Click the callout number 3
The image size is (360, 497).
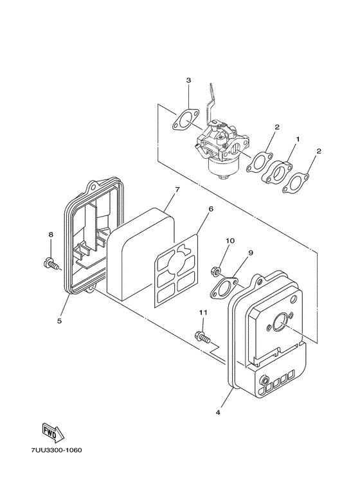coord(188,80)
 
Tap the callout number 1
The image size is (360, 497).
coord(298,139)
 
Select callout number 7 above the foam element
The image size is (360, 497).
coord(177,190)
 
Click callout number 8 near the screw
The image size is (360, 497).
coord(51,235)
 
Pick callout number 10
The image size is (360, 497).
coord(230,241)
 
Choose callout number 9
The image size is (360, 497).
coord(251,253)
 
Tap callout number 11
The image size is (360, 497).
coord(203,312)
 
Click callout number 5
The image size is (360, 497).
coord(59,321)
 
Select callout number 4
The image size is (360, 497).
coord(218,412)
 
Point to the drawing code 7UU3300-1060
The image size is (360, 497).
coord(56,450)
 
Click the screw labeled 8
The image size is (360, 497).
coord(51,264)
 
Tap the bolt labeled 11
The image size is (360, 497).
coord(203,336)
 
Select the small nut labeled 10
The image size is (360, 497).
coord(215,271)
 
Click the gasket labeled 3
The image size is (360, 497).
coord(186,119)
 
